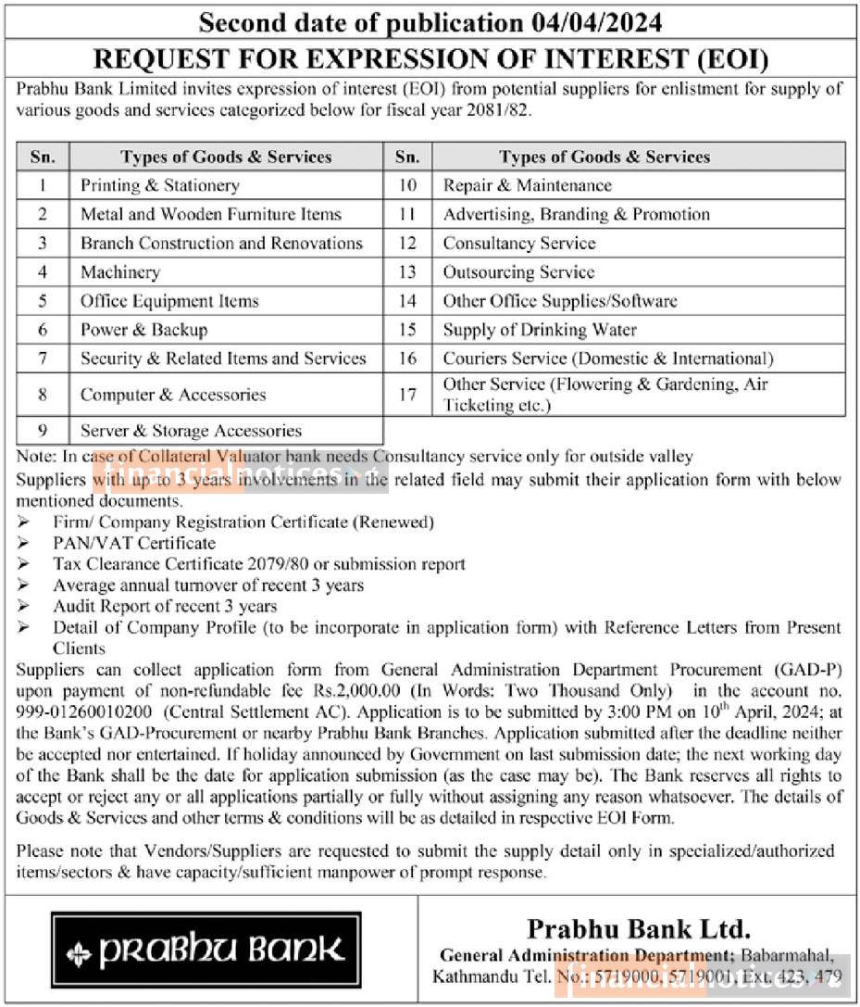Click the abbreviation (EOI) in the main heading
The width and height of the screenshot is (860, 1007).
pyautogui.click(x=733, y=59)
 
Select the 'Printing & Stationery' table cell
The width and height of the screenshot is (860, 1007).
pyautogui.click(x=160, y=185)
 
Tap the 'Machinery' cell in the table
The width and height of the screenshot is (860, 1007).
pyautogui.click(x=120, y=272)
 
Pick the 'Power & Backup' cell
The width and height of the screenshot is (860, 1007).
pyautogui.click(x=143, y=330)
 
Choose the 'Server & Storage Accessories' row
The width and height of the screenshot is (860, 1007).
pyautogui.click(x=191, y=431)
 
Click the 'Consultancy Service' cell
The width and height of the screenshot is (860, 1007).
pyautogui.click(x=518, y=244)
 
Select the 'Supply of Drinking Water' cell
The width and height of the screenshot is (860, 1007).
pyautogui.click(x=540, y=330)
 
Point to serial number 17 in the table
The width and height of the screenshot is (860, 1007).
pyautogui.click(x=407, y=395)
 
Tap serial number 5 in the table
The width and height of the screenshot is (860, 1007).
pyautogui.click(x=43, y=301)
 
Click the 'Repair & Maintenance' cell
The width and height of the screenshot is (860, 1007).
pyautogui.click(x=527, y=185)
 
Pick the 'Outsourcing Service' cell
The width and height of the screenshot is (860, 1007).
pyautogui.click(x=518, y=272)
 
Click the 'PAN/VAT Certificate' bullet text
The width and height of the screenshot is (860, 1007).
pyautogui.click(x=134, y=543)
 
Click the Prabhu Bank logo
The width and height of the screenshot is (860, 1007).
pyautogui.click(x=206, y=950)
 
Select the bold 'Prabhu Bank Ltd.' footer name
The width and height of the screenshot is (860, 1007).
pyautogui.click(x=639, y=928)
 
